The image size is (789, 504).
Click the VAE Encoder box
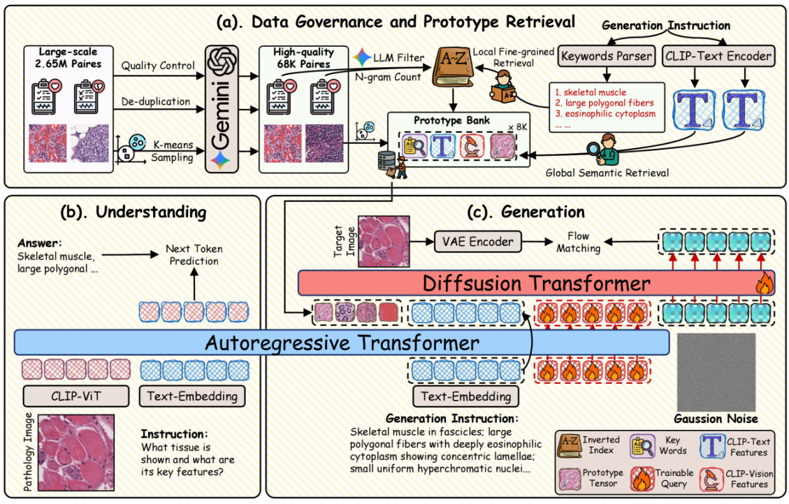point(477,242)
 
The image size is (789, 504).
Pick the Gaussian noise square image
point(716,370)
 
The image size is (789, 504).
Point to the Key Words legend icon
point(642,445)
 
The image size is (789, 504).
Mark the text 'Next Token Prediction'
point(191,254)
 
